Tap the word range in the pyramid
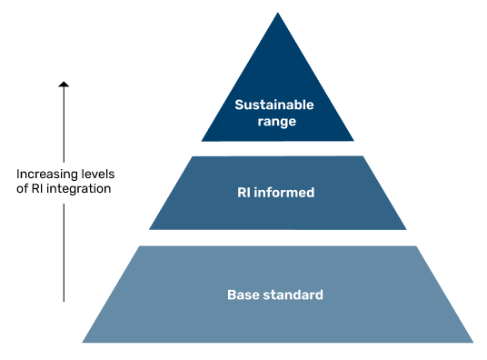pyautogui.click(x=277, y=121)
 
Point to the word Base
pyautogui.click(x=243, y=295)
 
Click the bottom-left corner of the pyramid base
pyautogui.click(x=84, y=342)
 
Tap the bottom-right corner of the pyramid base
pyautogui.click(x=472, y=342)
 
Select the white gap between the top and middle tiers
pyautogui.click(x=277, y=148)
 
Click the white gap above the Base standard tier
pyautogui.click(x=277, y=237)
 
